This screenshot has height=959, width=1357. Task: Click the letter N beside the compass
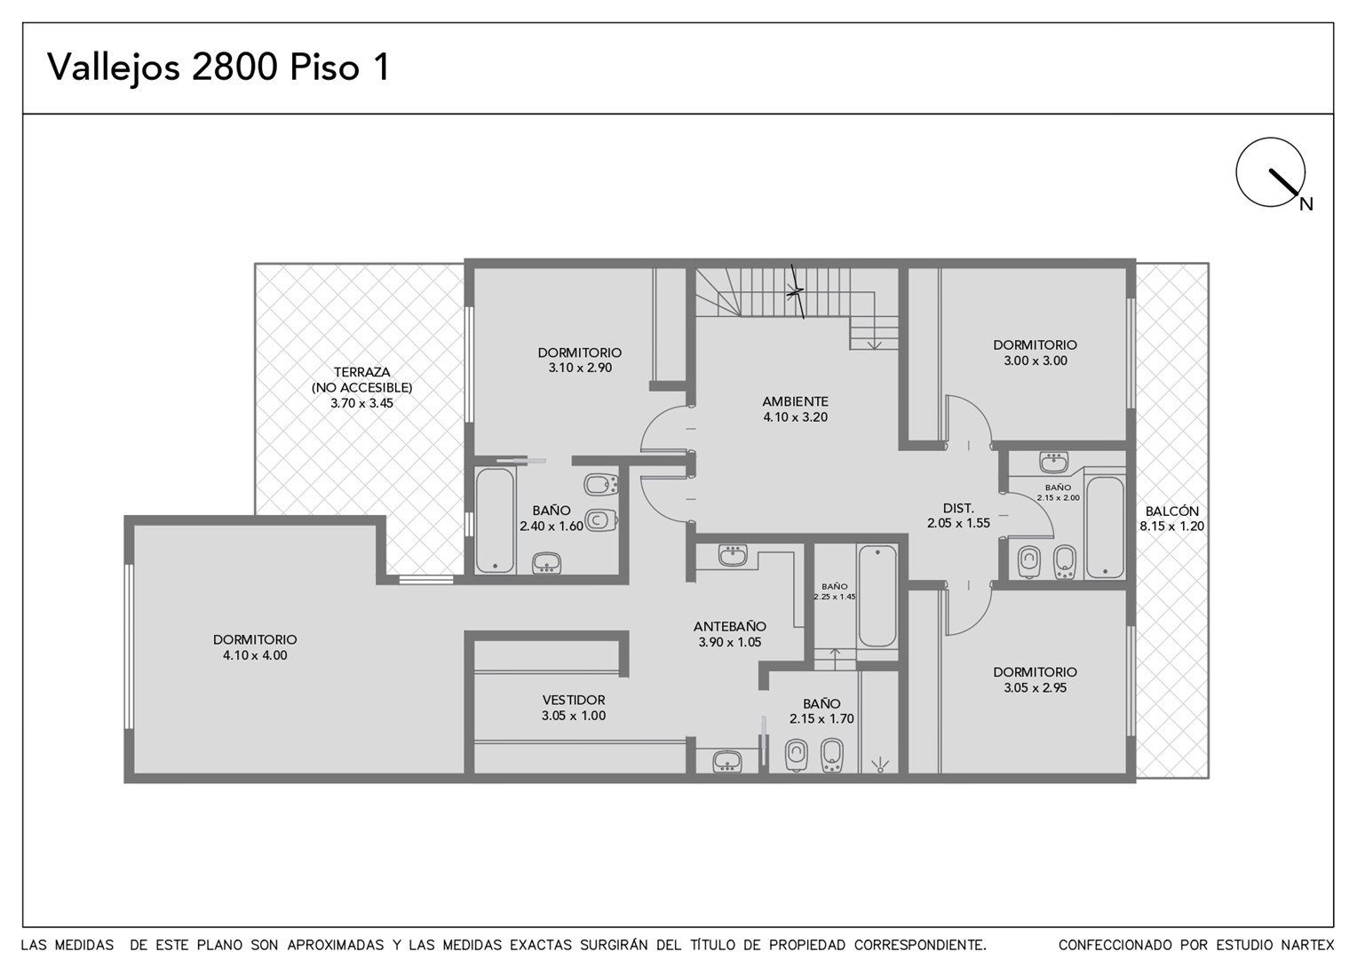click(1306, 205)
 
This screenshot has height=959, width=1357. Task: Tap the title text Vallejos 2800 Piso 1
click(218, 67)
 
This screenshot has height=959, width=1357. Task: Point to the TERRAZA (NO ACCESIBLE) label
click(361, 380)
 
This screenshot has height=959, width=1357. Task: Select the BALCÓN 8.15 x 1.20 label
click(1171, 519)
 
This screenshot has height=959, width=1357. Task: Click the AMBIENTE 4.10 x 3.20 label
click(796, 409)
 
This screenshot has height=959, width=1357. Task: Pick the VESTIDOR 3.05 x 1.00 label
click(574, 708)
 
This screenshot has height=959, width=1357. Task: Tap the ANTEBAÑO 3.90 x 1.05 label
click(730, 634)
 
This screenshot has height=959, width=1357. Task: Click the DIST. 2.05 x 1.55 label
click(958, 516)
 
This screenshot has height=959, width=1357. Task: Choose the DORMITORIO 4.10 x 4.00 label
click(255, 647)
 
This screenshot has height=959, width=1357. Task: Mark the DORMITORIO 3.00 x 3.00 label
click(1036, 353)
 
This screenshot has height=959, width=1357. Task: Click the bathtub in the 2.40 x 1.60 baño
click(495, 519)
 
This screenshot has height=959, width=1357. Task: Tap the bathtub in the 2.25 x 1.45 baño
click(877, 596)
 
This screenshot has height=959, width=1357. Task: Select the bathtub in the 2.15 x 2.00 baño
click(1105, 527)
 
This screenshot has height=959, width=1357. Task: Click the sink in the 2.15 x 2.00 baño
click(1053, 463)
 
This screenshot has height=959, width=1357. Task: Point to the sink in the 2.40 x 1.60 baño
click(546, 563)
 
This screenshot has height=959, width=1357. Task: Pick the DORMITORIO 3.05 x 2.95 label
click(1036, 679)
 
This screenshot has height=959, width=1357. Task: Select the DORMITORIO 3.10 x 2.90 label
click(580, 360)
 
